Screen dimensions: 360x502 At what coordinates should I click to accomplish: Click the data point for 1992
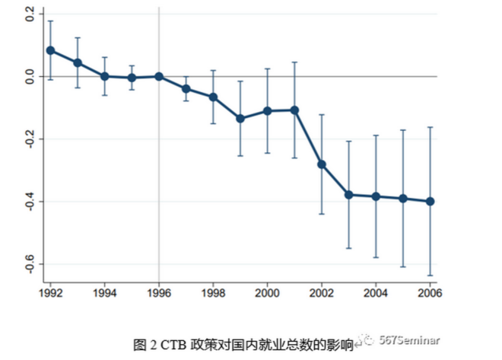coord(50,50)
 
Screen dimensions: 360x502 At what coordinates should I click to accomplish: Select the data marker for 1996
coord(159,76)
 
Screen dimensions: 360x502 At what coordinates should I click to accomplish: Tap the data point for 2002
coord(322,164)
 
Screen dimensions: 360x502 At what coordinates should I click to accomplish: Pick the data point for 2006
coord(431,202)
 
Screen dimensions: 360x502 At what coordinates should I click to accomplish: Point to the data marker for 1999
coord(240,119)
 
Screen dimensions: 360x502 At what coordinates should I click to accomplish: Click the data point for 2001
coord(294,110)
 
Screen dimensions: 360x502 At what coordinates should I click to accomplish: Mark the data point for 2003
coord(349,195)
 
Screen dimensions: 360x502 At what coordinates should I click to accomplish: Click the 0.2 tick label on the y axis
coord(30,14)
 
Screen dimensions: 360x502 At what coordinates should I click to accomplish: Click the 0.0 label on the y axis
coord(30,77)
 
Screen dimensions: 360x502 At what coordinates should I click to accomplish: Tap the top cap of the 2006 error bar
coord(431,127)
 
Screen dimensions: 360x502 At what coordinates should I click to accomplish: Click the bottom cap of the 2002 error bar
coord(322,214)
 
